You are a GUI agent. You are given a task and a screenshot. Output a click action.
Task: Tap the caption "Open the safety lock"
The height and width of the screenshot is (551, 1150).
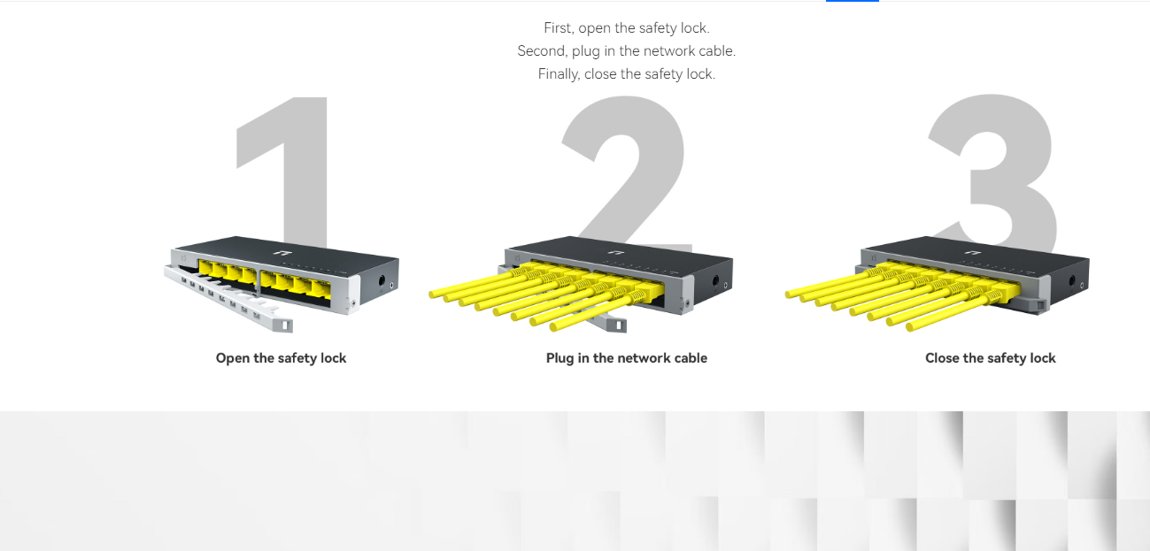[281, 358]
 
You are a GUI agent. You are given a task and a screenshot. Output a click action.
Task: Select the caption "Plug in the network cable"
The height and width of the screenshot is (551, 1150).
[626, 358]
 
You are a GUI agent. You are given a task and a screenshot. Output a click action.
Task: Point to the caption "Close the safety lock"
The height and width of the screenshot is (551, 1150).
[991, 358]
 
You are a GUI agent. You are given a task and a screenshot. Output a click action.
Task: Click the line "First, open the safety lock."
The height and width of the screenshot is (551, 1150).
[626, 28]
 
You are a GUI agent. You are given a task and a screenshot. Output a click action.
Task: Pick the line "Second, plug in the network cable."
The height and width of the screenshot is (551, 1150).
[626, 51]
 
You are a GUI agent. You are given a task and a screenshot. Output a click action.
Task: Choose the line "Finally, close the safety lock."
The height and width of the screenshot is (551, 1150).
[626, 74]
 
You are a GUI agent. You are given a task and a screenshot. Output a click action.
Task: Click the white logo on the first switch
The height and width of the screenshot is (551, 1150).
[281, 252]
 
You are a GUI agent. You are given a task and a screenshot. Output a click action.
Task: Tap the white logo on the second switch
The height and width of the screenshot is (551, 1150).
[614, 252]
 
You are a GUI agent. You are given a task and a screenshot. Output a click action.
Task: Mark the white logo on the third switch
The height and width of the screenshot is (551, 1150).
[971, 252]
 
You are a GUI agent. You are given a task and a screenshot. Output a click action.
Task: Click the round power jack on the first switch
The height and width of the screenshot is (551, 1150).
[382, 281]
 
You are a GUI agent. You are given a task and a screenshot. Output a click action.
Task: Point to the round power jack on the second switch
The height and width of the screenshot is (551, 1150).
[715, 281]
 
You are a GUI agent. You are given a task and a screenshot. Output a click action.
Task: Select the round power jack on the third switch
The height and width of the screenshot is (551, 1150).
[1071, 281]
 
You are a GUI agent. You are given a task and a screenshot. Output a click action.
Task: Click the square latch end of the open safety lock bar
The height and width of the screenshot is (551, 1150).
[284, 325]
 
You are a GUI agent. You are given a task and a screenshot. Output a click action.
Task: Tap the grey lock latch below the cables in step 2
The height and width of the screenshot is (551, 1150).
[616, 325]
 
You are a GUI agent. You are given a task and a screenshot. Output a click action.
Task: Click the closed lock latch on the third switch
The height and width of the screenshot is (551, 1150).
[1039, 306]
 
